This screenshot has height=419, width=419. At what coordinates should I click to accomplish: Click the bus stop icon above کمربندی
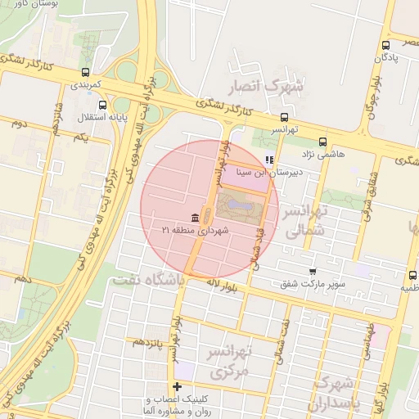(x=87, y=72)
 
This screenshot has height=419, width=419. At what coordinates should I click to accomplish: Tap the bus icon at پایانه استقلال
(x=101, y=106)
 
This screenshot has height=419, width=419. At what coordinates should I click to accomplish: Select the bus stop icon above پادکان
(x=385, y=46)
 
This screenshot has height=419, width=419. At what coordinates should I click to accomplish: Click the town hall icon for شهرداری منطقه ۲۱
(x=194, y=217)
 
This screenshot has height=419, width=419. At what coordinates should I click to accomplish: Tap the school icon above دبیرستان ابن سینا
(x=269, y=160)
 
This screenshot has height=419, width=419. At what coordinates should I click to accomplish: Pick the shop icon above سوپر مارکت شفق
(x=312, y=272)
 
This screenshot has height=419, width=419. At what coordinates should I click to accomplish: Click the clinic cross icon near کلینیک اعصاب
(x=177, y=386)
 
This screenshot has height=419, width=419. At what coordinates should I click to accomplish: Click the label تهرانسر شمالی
(x=304, y=221)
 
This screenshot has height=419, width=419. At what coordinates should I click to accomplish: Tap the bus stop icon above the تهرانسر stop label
(x=284, y=116)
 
